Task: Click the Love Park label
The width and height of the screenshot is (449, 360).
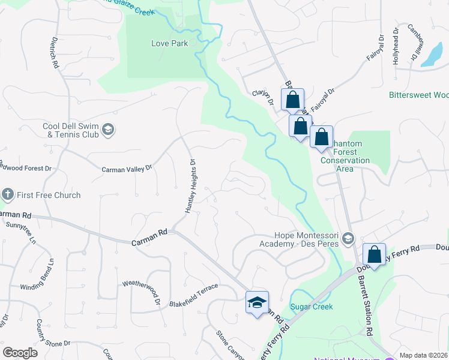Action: [x=169, y=43]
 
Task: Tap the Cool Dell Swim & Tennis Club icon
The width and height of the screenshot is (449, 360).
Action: [x=108, y=130]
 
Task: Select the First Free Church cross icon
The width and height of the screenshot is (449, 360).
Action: [x=7, y=194]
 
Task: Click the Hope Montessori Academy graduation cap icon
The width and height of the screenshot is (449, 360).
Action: [x=348, y=240]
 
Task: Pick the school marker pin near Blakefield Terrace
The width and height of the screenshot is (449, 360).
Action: [x=257, y=304]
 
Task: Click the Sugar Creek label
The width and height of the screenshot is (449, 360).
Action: [x=311, y=307]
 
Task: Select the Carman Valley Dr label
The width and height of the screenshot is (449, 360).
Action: [x=127, y=170]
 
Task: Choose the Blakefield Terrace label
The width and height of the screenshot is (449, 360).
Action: [x=193, y=289]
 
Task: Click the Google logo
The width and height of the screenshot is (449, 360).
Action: [x=20, y=353]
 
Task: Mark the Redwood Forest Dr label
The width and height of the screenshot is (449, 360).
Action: [x=22, y=167]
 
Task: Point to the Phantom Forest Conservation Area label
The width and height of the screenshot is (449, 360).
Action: [x=345, y=153]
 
